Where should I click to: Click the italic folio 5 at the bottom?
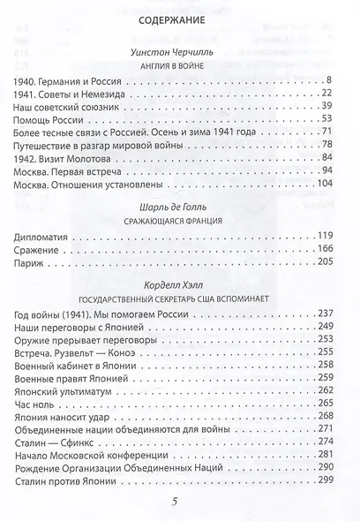tap(181, 504)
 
